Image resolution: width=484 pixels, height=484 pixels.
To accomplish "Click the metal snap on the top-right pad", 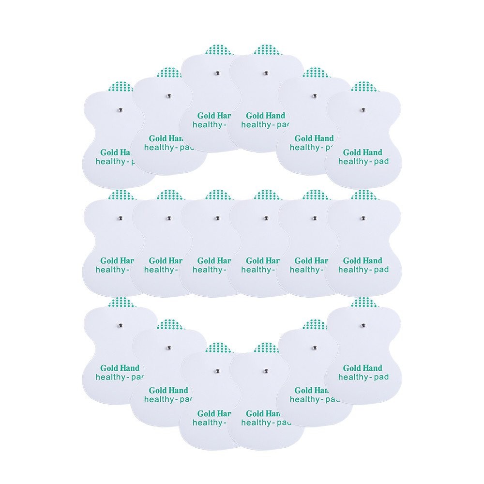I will [362, 109].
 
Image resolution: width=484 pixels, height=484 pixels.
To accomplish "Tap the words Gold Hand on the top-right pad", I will [363, 152].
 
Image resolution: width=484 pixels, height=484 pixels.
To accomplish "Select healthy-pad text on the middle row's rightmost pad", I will [363, 270].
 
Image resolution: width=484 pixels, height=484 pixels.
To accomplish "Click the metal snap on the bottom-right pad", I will [362, 325].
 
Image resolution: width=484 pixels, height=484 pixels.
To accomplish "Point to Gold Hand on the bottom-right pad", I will [363, 368].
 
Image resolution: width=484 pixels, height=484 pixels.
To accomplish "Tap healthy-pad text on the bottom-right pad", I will [363, 377].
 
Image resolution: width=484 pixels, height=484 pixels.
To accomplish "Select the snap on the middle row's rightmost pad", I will [362, 218].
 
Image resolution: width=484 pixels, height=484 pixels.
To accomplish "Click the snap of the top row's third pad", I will [217, 74].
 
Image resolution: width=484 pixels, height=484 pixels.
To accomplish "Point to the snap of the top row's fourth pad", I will [265, 74].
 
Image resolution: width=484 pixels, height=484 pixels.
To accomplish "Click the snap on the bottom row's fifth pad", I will [314, 348].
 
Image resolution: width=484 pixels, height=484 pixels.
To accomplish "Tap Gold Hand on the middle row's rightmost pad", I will [363, 261].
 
